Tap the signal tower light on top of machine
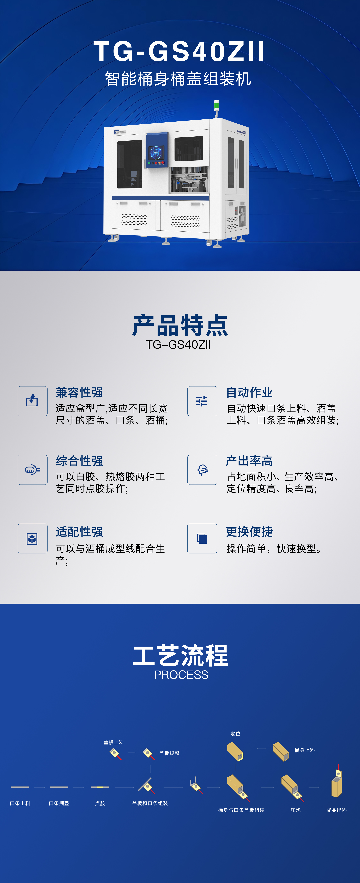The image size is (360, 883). point(216,106)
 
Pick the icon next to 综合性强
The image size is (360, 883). point(33,470)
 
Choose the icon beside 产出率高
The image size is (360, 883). point(202,470)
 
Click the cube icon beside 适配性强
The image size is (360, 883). point(33,538)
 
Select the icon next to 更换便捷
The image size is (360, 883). point(202,538)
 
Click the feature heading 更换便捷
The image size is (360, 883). point(249,532)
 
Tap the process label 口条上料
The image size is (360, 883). point(20,803)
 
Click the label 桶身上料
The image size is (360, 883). point(305,750)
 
